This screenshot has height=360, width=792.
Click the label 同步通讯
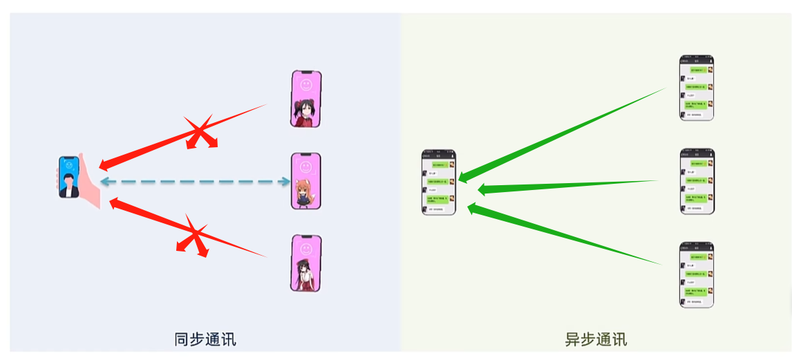pyautogui.click(x=205, y=339)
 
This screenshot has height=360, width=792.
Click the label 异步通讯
pyautogui.click(x=596, y=339)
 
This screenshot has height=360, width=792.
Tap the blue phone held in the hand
pyautogui.click(x=68, y=178)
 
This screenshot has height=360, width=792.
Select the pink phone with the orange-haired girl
pyautogui.click(x=306, y=181)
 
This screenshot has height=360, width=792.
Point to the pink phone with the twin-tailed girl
pyautogui.click(x=306, y=99)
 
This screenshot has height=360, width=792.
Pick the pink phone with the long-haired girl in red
pyautogui.click(x=306, y=263)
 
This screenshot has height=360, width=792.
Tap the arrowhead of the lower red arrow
pyautogui.click(x=115, y=202)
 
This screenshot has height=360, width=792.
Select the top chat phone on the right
pyautogui.click(x=696, y=88)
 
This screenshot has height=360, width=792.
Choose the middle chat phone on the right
pyautogui.click(x=697, y=181)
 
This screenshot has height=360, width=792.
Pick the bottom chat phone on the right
pyautogui.click(x=696, y=274)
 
